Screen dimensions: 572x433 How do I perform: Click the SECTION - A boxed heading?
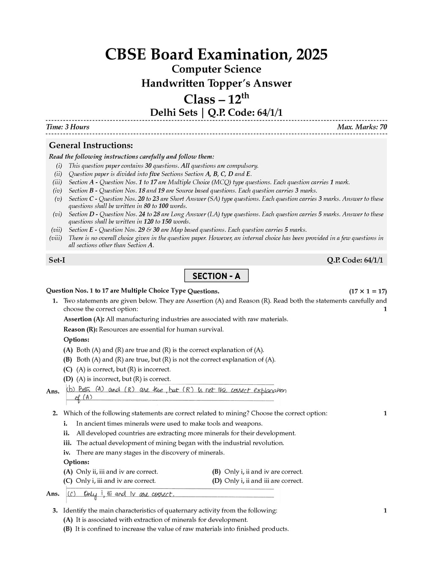[x=216, y=276]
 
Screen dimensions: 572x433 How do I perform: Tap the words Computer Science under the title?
[x=216, y=69]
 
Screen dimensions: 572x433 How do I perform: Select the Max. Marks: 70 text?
[x=362, y=127]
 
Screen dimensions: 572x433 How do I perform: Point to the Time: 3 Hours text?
[x=68, y=127]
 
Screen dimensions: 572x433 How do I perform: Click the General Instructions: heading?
[x=91, y=145]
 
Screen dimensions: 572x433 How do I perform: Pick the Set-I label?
[x=57, y=260]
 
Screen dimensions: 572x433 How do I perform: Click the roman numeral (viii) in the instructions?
[x=56, y=238]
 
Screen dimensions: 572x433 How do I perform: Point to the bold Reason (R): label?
[x=80, y=329]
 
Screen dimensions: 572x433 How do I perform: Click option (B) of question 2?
[x=257, y=471]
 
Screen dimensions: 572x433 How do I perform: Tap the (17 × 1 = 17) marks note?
[x=367, y=291]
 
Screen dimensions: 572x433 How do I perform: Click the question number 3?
[x=55, y=510]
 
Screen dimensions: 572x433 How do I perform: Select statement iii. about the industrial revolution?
[x=180, y=443]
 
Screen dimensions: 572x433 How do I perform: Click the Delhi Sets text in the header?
[x=173, y=113]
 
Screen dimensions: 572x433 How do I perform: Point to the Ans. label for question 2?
[x=53, y=493]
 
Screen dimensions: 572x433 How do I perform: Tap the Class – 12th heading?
[x=216, y=99]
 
